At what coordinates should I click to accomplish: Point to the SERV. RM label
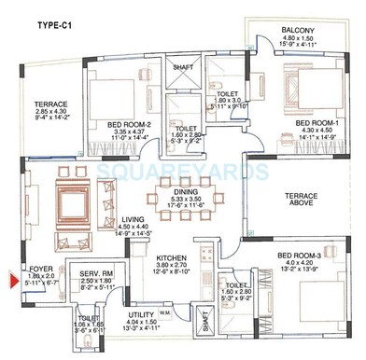[95, 272]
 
